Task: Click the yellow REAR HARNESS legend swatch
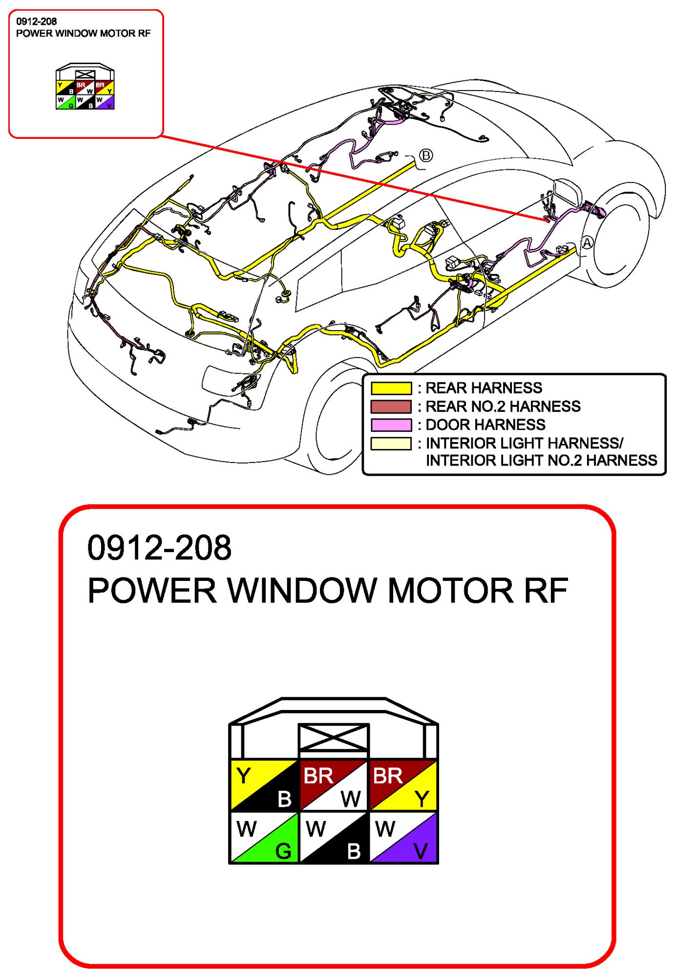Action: coord(391,388)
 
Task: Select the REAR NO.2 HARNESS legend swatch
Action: coord(391,406)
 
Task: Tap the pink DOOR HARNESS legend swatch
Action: coord(391,424)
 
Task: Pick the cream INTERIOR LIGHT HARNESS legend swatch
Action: coord(391,444)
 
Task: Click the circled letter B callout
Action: coord(426,155)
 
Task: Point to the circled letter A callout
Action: coord(587,243)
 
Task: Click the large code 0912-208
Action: coord(159,548)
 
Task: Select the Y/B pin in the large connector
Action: coord(264,785)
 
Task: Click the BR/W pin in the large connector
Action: coord(333,785)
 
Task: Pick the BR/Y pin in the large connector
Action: coord(403,785)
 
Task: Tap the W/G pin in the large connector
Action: coord(264,838)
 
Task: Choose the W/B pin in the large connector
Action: coord(333,838)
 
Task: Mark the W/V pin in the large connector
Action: coord(403,838)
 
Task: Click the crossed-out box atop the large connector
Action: coord(334,737)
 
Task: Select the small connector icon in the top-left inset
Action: coord(85,87)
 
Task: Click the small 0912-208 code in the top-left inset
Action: coord(37,22)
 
